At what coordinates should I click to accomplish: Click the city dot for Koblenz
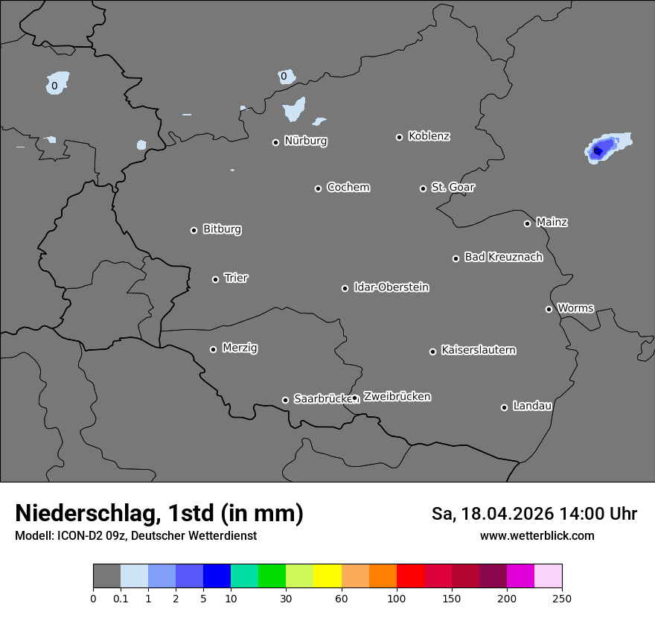click(399, 137)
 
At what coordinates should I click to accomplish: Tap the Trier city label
click(236, 278)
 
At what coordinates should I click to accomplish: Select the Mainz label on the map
click(552, 222)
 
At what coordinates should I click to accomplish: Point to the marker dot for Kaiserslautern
click(432, 351)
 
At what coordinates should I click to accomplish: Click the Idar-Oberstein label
click(391, 287)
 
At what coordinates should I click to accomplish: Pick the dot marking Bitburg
click(194, 230)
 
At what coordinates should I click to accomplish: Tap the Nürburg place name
click(305, 141)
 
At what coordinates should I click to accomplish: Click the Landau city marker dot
click(504, 407)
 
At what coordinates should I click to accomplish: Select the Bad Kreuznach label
click(503, 257)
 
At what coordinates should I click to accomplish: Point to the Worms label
click(575, 308)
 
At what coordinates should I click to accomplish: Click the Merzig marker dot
click(213, 349)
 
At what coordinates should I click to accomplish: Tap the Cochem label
click(348, 187)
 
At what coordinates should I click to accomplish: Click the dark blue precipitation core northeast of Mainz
click(597, 151)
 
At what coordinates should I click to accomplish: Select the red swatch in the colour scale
click(410, 576)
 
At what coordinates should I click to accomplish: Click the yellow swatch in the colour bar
click(327, 576)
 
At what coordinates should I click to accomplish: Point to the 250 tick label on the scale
click(562, 598)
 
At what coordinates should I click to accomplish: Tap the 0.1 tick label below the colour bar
click(121, 598)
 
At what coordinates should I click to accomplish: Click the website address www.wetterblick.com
click(537, 535)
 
